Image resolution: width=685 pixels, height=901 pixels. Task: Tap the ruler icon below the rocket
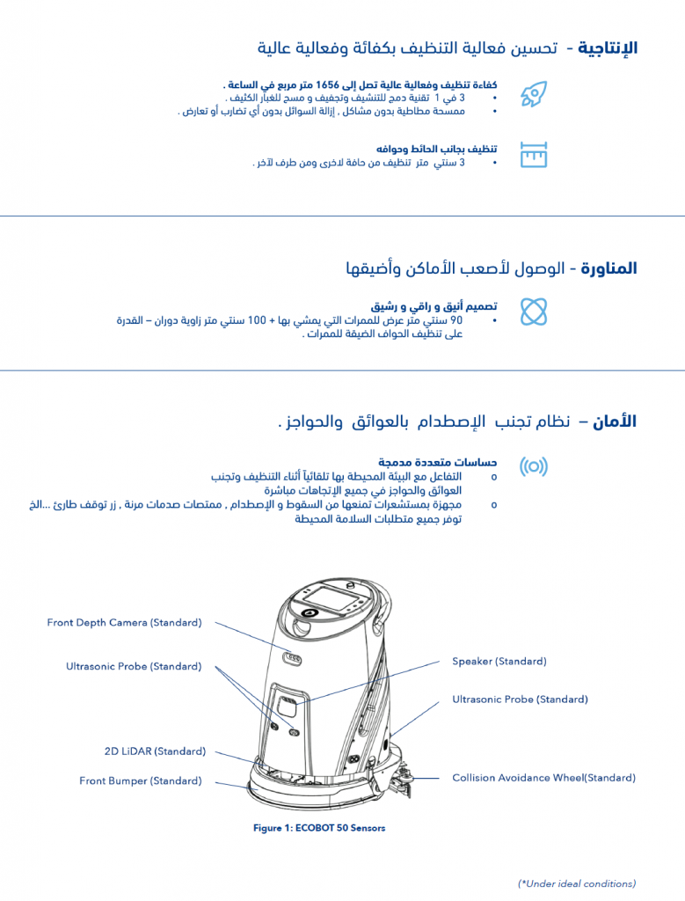(533, 155)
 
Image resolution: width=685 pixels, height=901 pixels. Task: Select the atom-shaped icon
(533, 311)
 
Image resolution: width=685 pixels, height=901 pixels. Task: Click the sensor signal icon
(533, 466)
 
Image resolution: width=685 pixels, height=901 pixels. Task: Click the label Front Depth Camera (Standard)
(124, 623)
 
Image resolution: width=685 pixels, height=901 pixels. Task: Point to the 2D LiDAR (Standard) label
(155, 751)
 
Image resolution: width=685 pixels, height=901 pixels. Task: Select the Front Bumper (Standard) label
(140, 780)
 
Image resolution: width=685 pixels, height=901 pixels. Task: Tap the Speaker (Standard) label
(499, 661)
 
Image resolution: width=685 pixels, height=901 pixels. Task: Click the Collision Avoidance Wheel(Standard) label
(543, 778)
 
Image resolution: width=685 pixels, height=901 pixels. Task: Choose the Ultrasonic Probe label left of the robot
(133, 666)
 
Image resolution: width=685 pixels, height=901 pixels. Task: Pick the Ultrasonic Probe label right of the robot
(520, 700)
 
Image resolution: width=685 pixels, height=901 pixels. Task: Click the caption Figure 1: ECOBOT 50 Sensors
(319, 828)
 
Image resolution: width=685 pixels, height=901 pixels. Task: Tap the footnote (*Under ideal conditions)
(576, 883)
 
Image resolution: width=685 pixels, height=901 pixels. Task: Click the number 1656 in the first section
(327, 84)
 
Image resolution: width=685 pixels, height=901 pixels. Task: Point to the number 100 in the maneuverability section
(257, 319)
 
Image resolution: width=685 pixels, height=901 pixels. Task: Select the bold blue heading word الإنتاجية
(608, 48)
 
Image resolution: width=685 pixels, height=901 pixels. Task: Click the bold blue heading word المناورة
(608, 268)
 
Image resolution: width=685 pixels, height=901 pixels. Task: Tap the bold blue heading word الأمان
(615, 421)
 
